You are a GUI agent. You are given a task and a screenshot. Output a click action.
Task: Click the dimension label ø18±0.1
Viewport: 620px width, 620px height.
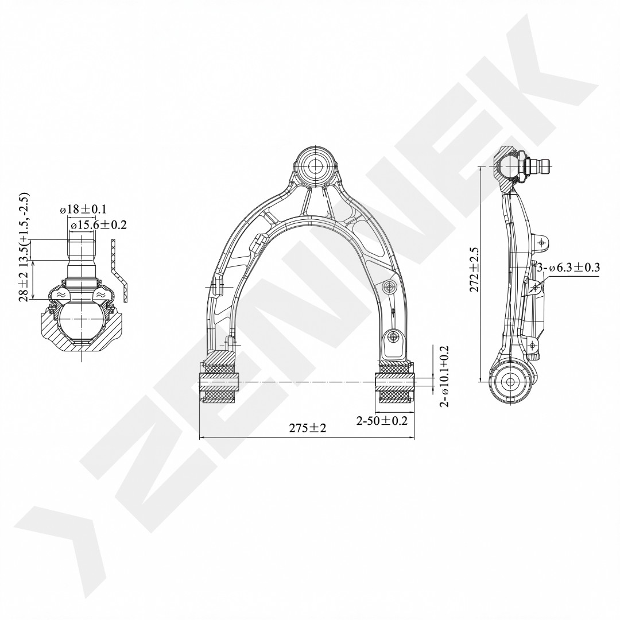[83, 209]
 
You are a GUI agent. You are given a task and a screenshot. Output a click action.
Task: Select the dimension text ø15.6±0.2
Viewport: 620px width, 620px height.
[98, 224]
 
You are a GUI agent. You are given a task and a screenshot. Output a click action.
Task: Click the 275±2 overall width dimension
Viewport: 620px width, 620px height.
[307, 428]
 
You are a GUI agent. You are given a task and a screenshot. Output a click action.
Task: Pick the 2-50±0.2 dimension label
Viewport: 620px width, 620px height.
[382, 420]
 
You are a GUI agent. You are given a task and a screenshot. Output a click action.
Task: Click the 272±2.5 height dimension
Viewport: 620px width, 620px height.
[475, 270]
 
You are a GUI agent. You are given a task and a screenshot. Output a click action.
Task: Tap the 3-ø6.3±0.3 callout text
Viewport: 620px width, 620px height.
[568, 268]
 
